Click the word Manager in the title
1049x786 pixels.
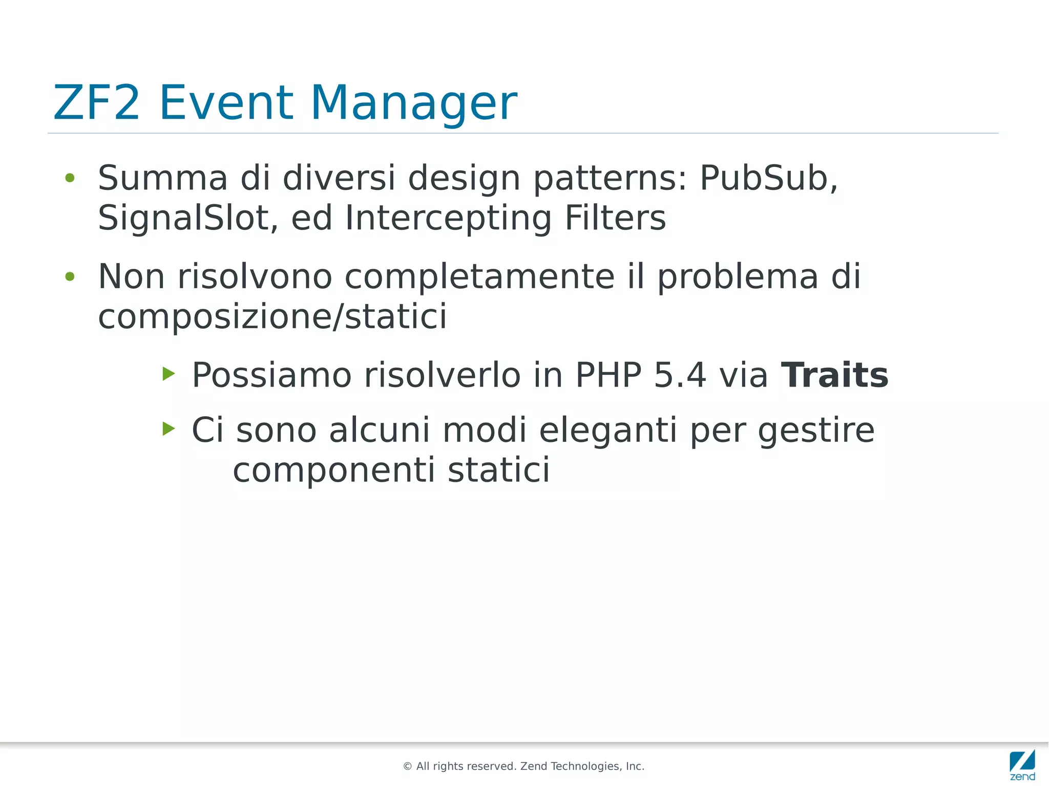tap(413, 103)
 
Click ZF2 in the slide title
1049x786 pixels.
tap(96, 103)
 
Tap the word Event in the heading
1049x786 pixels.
tap(226, 103)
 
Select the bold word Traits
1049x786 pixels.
tap(834, 375)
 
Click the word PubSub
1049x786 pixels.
tap(768, 178)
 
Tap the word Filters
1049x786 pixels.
tap(615, 218)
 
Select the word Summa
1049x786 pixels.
tap(162, 178)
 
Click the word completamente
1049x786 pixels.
tap(479, 277)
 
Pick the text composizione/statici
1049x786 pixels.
tap(272, 316)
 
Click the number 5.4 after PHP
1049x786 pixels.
tap(680, 375)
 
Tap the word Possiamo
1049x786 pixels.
tap(271, 375)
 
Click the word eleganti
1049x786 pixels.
tap(609, 430)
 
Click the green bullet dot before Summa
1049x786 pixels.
tap(70, 178)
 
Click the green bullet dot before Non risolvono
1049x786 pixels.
tap(70, 277)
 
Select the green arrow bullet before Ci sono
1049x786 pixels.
tap(169, 428)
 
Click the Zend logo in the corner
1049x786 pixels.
tap(1022, 764)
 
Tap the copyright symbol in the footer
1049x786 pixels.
tap(408, 767)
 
